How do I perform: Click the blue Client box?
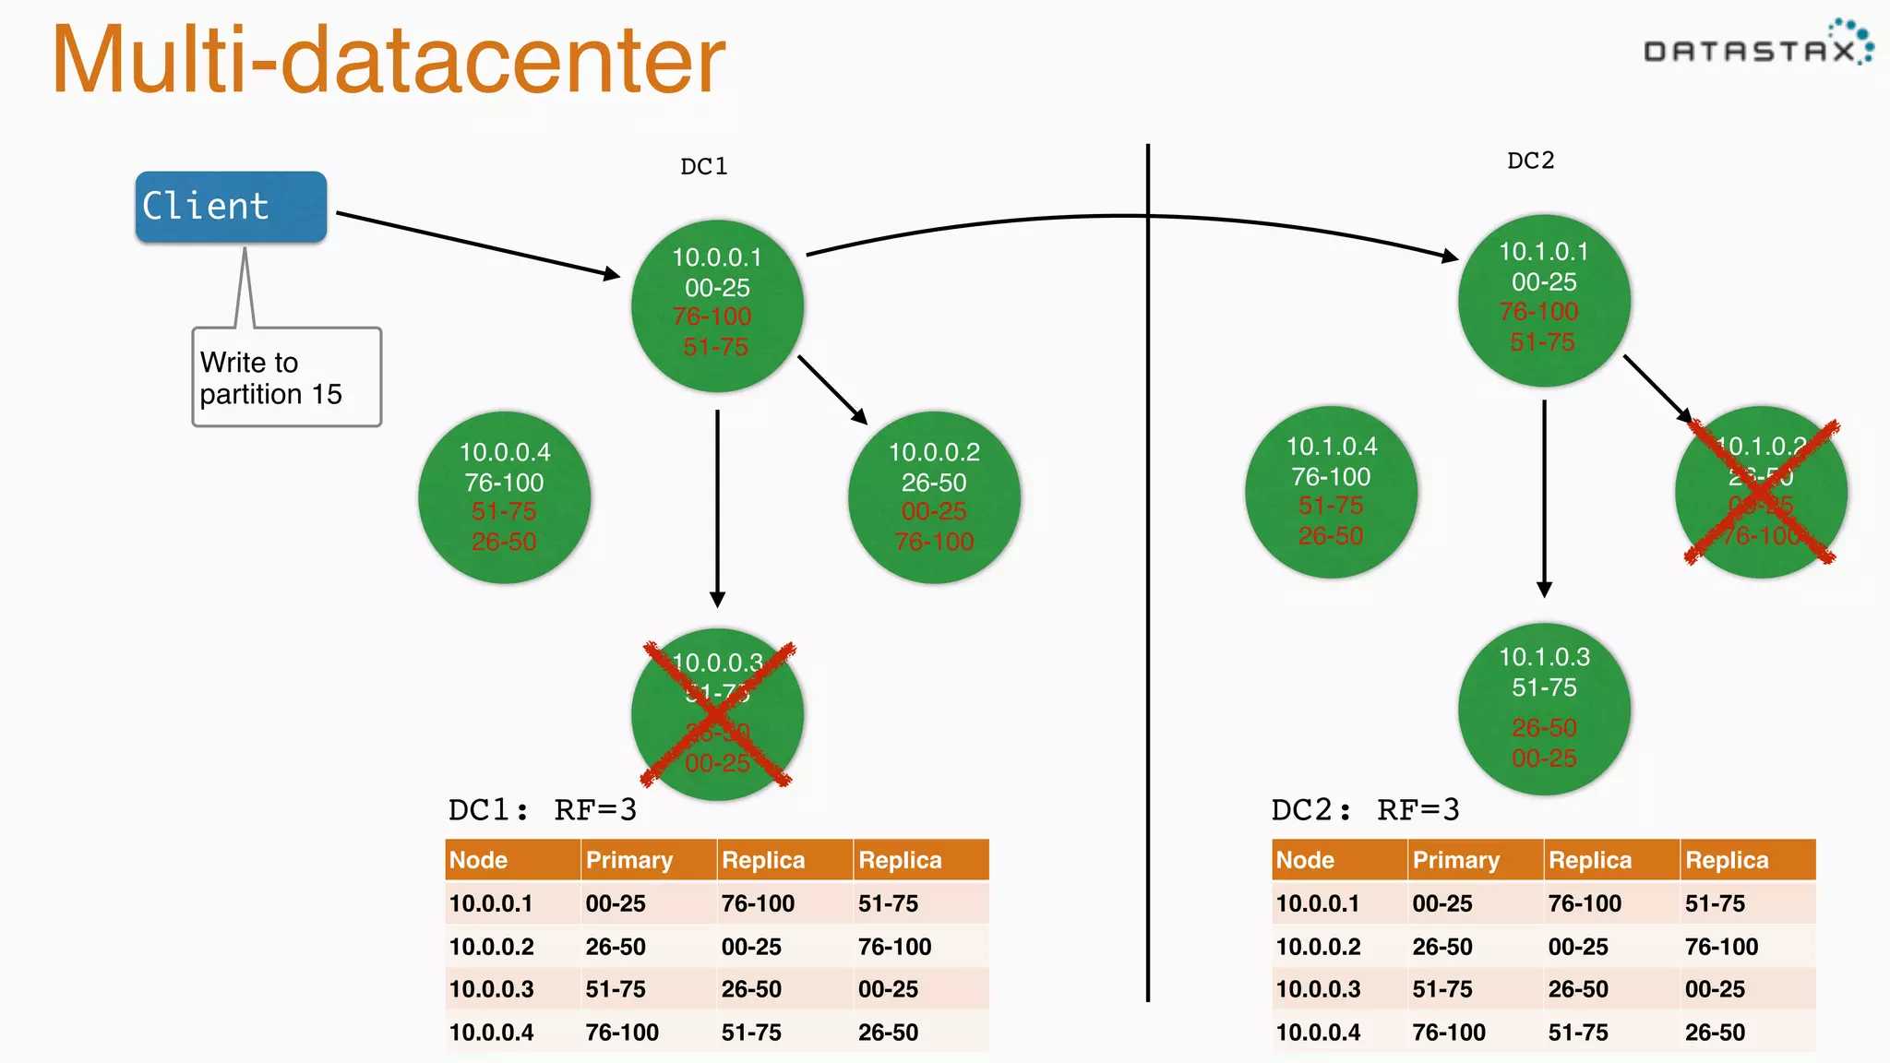[231, 207]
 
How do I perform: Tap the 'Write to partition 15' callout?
[286, 377]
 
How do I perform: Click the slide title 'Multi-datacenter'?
[389, 60]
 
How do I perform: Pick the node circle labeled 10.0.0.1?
[717, 305]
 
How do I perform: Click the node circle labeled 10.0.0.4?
[504, 497]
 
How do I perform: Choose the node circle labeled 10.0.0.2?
[934, 497]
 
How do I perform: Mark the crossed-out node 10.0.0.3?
[717, 714]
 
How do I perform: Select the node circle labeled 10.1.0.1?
[1544, 300]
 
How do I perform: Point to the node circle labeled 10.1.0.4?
[1331, 492]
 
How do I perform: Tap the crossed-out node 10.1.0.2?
[1761, 492]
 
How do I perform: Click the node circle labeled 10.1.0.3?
[1544, 709]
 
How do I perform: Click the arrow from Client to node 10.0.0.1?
[476, 245]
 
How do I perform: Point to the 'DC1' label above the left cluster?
[703, 166]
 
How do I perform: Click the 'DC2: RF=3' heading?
[1365, 810]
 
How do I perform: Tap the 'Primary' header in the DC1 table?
[629, 860]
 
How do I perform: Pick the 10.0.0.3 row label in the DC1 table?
[492, 989]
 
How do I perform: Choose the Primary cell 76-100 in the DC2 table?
[1449, 1033]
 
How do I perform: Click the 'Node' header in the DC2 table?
[1305, 860]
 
